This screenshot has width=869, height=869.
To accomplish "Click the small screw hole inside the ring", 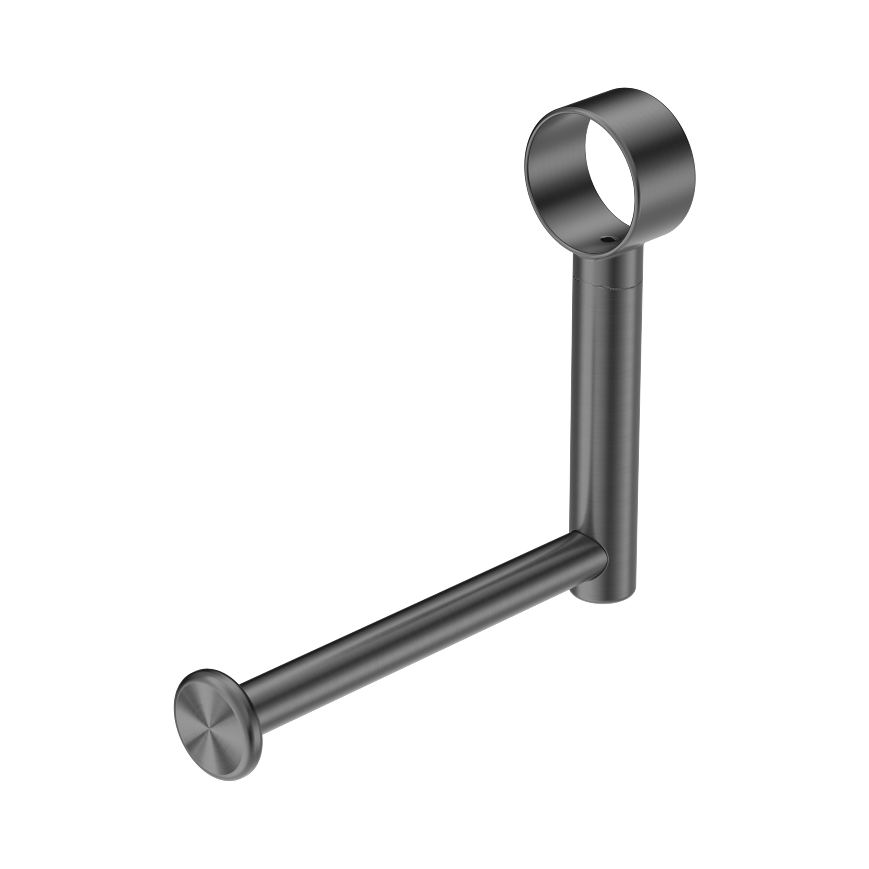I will [608, 241].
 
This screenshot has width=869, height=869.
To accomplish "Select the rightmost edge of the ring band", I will [695, 149].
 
